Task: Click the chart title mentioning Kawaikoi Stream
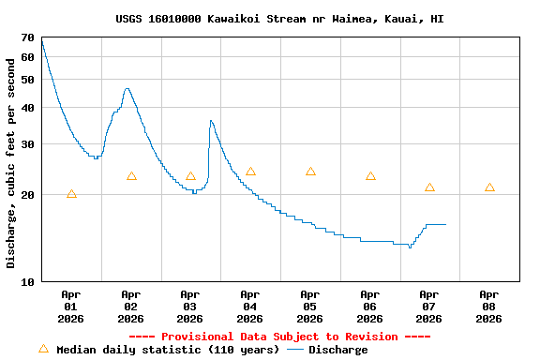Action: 279,19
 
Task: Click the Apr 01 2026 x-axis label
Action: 71,306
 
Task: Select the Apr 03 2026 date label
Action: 190,306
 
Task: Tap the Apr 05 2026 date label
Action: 310,306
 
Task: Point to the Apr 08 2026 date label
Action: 489,306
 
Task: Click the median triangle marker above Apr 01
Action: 71,194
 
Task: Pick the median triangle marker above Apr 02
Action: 131,176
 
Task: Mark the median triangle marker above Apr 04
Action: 250,172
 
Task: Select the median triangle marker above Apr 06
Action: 370,176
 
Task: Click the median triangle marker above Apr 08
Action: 489,187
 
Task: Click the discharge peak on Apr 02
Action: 127,89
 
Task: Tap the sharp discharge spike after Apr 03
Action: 211,121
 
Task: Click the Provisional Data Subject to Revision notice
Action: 279,337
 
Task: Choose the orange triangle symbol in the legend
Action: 43,349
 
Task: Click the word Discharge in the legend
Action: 338,350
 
